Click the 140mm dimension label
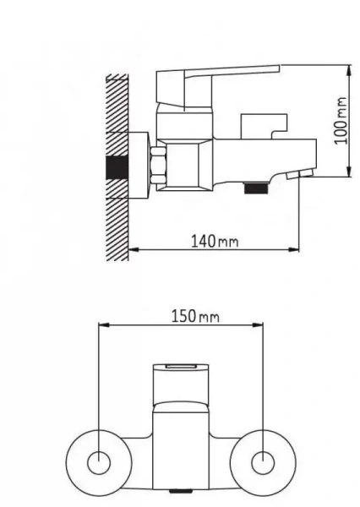tap(215, 241)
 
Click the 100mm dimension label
tap(341, 121)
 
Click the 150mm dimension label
tap(195, 316)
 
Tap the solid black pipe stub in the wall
tap(117, 167)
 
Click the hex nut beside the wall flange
tap(159, 165)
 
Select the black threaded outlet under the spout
tap(257, 188)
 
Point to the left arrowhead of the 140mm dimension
tap(134, 249)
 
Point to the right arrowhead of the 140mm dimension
tap(294, 249)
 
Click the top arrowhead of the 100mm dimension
tap(349, 70)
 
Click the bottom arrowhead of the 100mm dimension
tap(349, 172)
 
